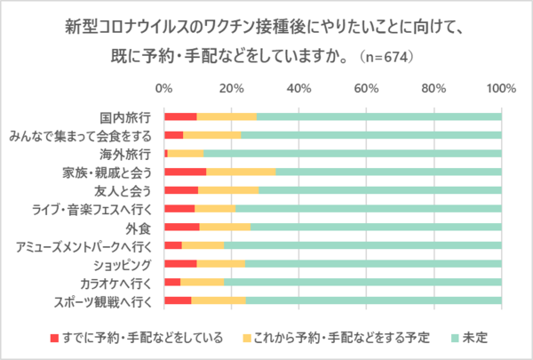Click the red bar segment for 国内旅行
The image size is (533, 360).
point(180,116)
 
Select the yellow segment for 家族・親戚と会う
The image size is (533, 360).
point(241,172)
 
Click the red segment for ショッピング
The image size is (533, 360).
point(180,265)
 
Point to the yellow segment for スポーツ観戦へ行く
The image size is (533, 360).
point(218,302)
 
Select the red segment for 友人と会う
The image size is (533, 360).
point(181,190)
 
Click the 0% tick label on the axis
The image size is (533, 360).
point(163,89)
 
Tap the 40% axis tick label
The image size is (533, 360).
point(298,89)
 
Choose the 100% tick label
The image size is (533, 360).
point(502,89)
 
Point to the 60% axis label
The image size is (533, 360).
point(366,89)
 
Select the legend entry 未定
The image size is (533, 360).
point(475,338)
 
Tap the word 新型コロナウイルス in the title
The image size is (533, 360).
point(123,25)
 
